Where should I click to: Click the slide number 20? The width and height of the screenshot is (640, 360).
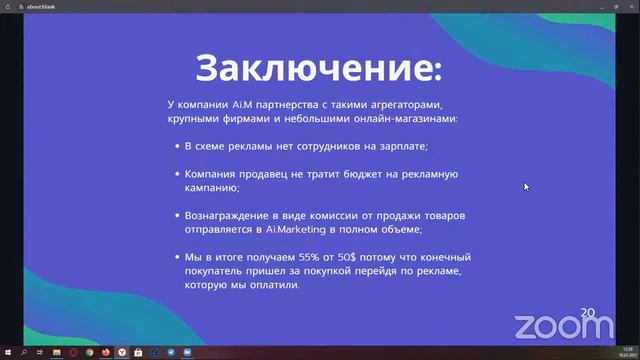tap(587, 313)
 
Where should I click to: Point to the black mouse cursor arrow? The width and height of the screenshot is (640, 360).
tap(526, 186)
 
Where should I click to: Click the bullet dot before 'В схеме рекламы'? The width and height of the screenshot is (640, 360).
tap(175, 146)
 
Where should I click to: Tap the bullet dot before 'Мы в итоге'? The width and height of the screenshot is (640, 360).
tap(175, 258)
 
